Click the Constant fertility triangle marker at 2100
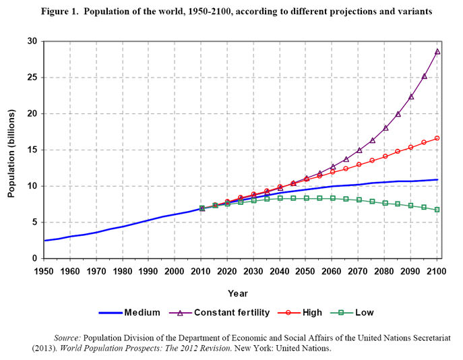point(437,51)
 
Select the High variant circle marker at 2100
point(437,138)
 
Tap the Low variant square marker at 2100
point(437,210)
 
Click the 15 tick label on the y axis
point(31,150)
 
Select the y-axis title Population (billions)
point(11,150)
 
